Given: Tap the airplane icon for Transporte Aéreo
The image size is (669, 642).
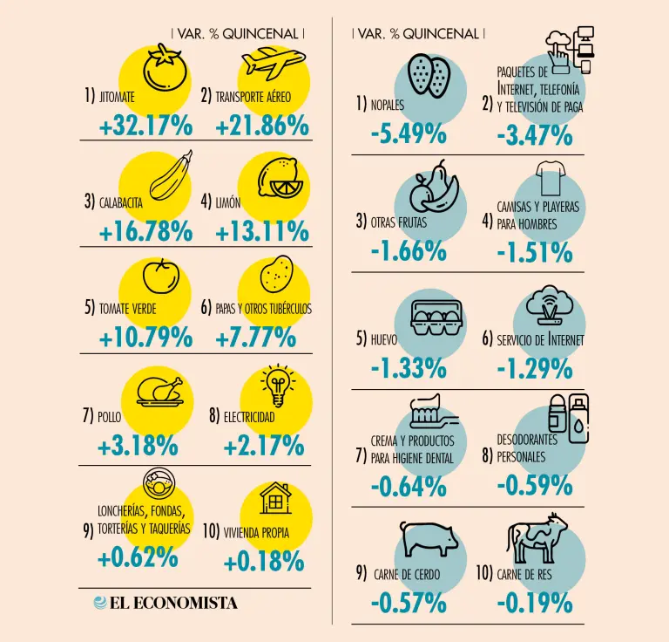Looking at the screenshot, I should [x=273, y=62].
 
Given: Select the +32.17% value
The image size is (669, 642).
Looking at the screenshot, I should [x=145, y=126].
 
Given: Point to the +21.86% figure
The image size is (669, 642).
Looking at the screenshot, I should [x=261, y=126].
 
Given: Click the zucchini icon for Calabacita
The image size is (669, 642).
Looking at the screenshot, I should [x=171, y=176].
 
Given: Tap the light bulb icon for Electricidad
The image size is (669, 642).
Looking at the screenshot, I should [x=278, y=385].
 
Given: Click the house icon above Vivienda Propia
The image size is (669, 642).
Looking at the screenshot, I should [x=276, y=498].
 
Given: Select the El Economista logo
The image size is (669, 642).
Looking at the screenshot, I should [x=166, y=603].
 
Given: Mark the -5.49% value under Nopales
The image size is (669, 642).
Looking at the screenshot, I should [x=408, y=135].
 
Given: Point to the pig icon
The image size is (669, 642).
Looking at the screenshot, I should [x=429, y=538].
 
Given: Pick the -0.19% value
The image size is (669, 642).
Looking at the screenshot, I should [x=534, y=602].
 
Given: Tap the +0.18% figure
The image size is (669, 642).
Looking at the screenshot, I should [x=264, y=561].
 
